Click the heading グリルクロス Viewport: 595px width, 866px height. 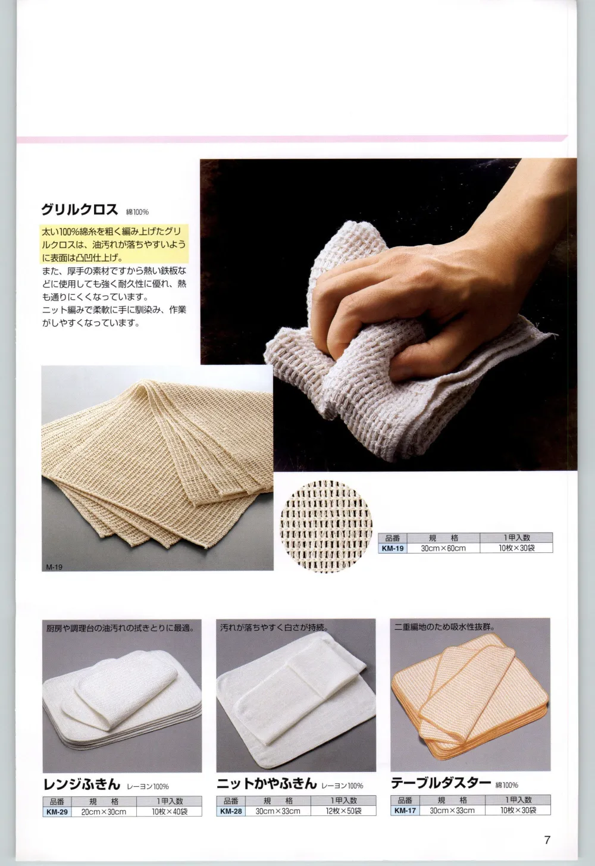(79, 209)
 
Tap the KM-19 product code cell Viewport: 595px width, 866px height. (392, 548)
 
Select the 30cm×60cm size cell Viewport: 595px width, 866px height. (443, 548)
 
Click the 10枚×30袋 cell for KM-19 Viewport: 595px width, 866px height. (516, 548)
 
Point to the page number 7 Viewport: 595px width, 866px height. (547, 840)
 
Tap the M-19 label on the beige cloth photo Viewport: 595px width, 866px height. (54, 567)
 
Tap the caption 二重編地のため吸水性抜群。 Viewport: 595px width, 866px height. (444, 627)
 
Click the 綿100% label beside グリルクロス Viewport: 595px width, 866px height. (137, 212)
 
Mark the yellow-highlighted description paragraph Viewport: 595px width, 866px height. (114, 245)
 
